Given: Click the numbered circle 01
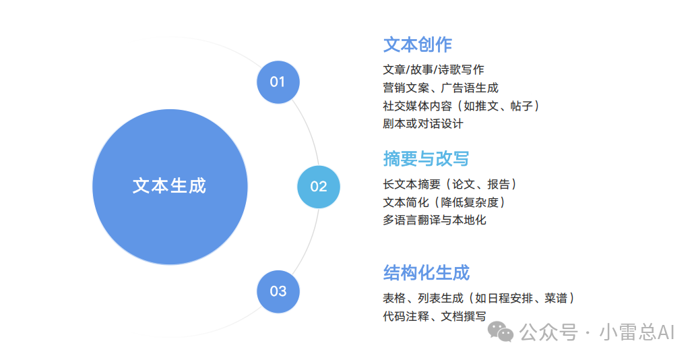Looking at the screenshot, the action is point(278,82).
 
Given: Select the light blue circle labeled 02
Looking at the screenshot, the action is point(318,187).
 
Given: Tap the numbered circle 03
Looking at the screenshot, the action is point(278,291).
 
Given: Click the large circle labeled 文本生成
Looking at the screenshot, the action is point(170,186).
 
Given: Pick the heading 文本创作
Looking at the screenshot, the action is point(417,44).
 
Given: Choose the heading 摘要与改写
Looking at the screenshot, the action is point(426,158).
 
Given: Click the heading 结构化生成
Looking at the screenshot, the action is point(426,272).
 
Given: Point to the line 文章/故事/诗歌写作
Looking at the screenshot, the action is point(433,69).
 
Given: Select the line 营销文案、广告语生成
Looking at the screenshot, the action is point(441,88).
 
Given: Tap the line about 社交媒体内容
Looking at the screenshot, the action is point(462,106).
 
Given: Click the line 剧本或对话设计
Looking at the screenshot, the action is point(423,124).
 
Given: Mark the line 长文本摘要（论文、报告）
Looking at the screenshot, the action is point(450,184).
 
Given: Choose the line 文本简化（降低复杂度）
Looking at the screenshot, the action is point(444,202).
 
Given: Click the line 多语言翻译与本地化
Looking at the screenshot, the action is point(435,220).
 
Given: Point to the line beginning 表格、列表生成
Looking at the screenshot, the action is point(479,298).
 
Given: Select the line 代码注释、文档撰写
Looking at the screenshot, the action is point(435,316).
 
